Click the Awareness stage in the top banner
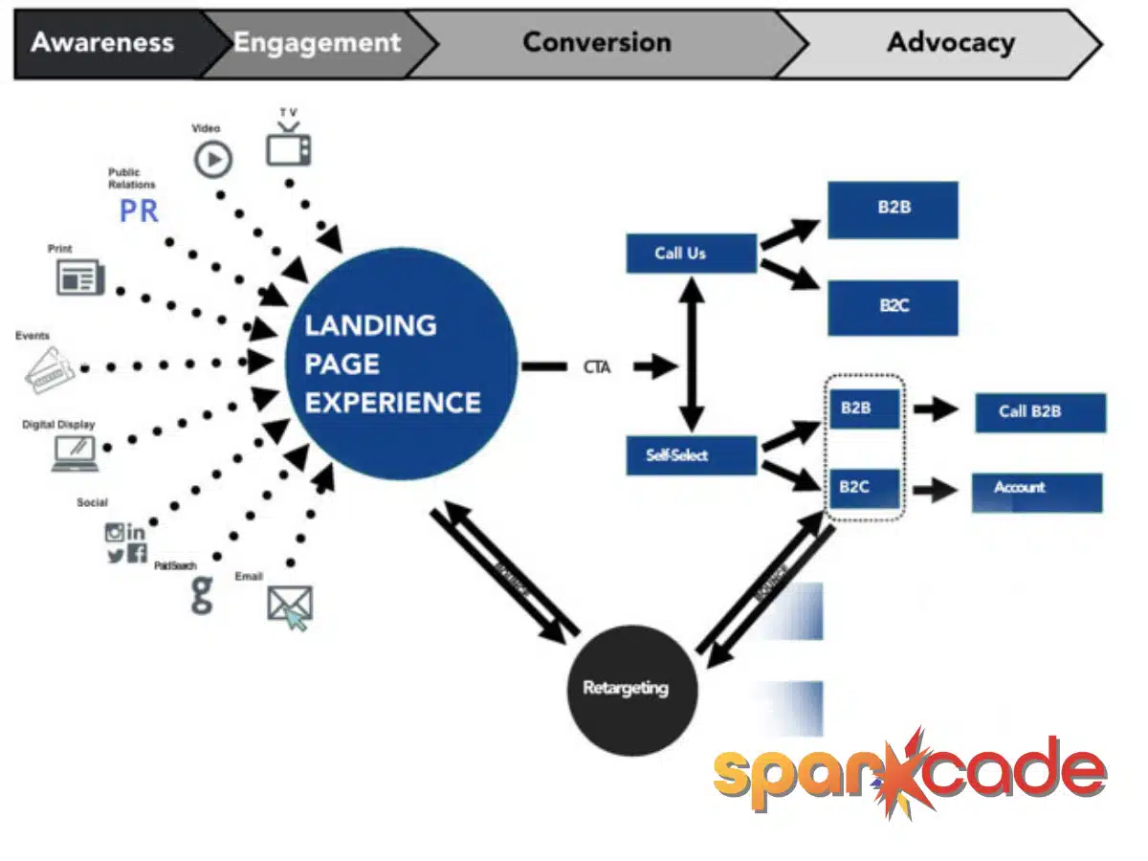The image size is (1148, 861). tap(102, 43)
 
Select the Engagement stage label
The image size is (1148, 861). tap(317, 43)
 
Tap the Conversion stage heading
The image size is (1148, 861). tap(597, 43)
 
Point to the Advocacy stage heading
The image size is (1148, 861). tap(950, 43)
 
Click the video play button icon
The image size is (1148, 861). tap(213, 159)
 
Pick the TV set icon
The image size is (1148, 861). tap(288, 147)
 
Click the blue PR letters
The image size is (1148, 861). tap(139, 211)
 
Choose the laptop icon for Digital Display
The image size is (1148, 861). tap(76, 452)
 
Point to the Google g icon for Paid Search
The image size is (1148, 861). tap(202, 594)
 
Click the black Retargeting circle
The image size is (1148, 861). tap(626, 688)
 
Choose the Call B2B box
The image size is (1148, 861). tap(1040, 412)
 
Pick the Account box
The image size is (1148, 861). tap(1037, 491)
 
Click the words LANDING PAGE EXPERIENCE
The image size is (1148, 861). tap(392, 364)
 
